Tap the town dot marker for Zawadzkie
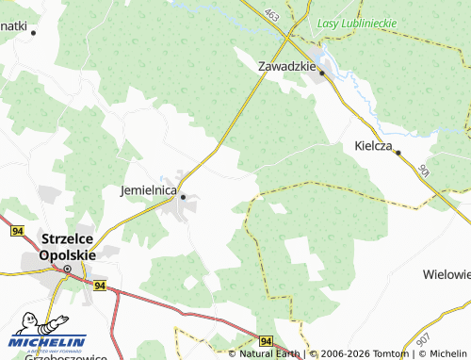click(x=321, y=73)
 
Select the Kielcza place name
click(x=374, y=146)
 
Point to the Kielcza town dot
click(x=398, y=152)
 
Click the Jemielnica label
click(x=149, y=189)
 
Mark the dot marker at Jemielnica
click(x=184, y=197)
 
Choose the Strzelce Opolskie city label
click(x=69, y=247)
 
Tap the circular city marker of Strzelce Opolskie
click(x=68, y=269)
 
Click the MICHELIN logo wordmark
click(x=48, y=341)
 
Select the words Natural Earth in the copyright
click(x=269, y=353)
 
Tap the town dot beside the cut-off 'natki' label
click(x=34, y=32)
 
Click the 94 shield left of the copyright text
click(x=267, y=340)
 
